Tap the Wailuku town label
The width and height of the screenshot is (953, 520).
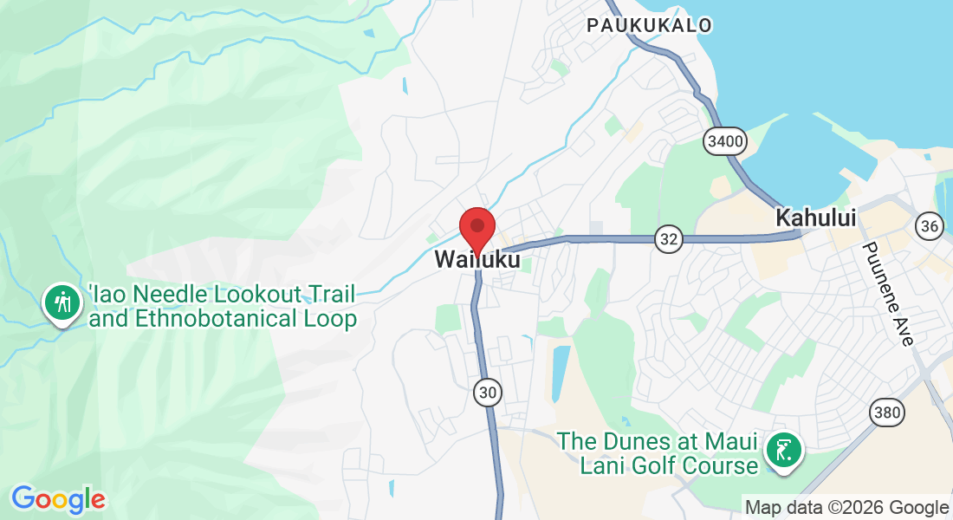[x=477, y=259]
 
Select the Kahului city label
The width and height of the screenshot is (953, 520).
[x=816, y=218]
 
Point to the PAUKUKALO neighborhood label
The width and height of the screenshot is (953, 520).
[x=649, y=25]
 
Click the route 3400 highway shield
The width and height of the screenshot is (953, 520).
[x=724, y=140]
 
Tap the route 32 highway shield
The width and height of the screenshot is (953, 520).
[x=668, y=240]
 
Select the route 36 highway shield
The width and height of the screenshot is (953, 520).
[x=930, y=227]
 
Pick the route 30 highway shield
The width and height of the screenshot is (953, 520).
[x=488, y=393]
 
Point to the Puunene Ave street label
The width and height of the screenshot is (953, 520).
[x=886, y=294]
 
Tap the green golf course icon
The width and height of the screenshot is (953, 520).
[x=783, y=450]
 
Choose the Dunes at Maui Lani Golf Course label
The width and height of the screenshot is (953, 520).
[x=658, y=453]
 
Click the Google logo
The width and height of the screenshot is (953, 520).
[x=58, y=499]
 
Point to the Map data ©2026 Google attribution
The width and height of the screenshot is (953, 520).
[x=846, y=508]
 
